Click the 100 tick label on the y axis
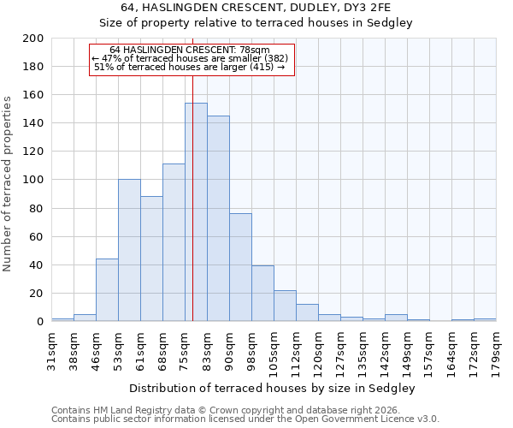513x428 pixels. [x=33, y=180]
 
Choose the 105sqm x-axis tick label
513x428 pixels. [x=274, y=350]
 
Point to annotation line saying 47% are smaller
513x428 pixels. [x=190, y=58]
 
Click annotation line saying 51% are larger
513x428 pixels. [x=190, y=67]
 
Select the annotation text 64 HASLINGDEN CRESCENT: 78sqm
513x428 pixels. [x=190, y=50]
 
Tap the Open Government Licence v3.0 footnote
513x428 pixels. [x=245, y=419]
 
